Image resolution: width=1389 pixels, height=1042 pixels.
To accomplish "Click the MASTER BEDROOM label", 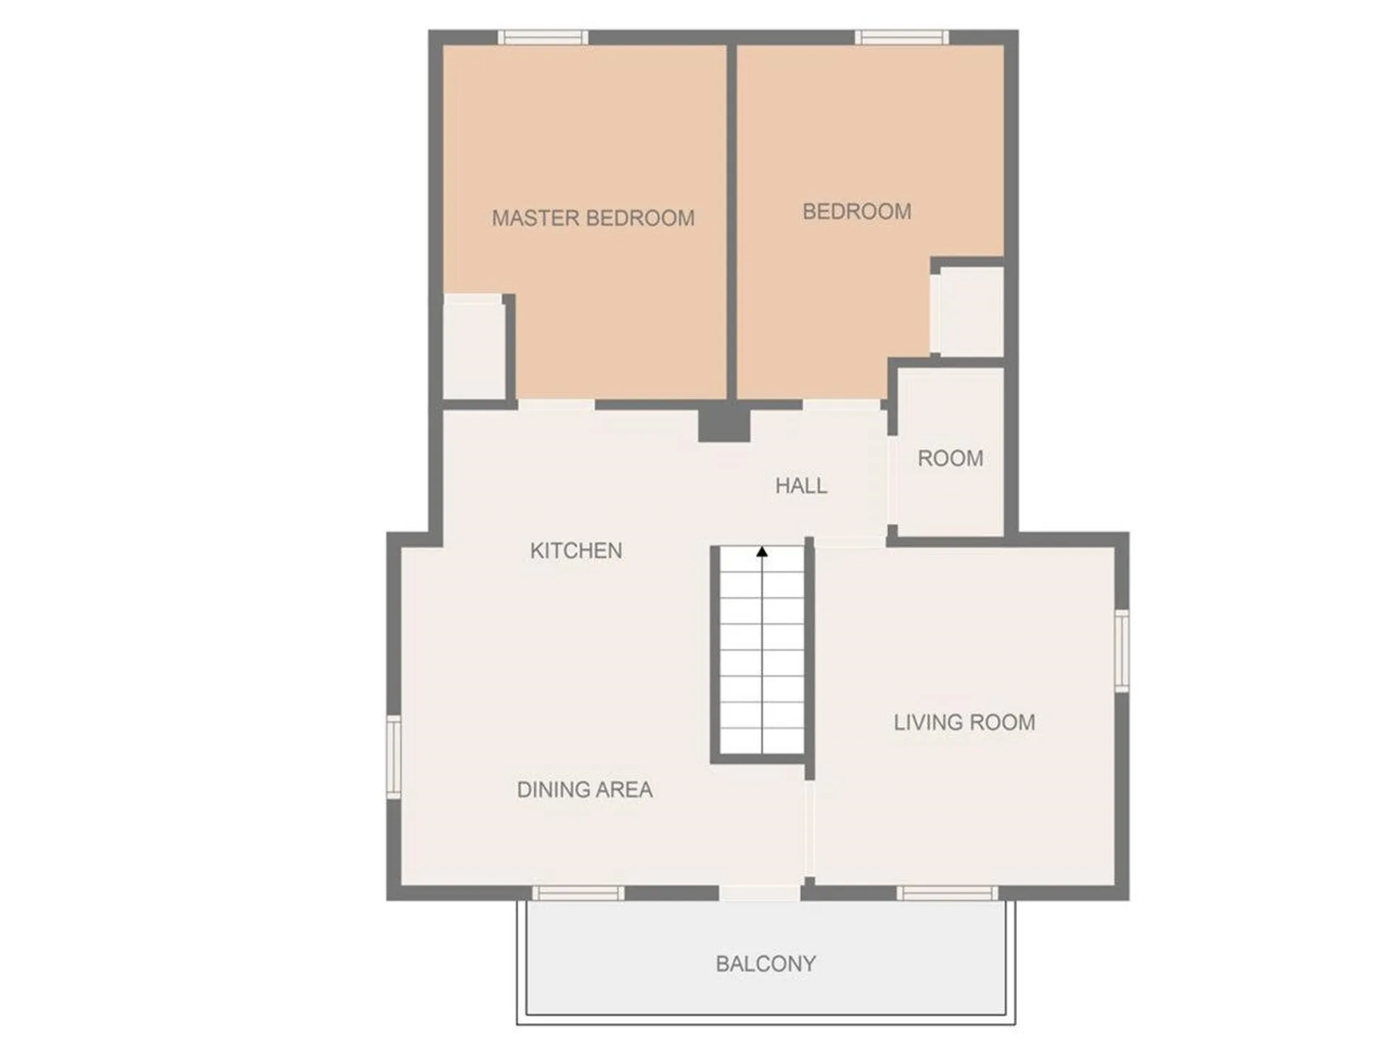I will [593, 218].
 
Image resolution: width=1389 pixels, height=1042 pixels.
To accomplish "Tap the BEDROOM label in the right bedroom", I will [857, 211].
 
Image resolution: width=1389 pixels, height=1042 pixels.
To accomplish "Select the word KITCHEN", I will [576, 551].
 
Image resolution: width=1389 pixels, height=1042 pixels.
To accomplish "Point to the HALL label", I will [801, 486].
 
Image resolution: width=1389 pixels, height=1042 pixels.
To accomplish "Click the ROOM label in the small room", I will [950, 458].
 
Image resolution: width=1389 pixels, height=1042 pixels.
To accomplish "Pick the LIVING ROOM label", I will [964, 722].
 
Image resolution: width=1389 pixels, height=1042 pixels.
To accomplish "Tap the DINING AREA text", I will [585, 789].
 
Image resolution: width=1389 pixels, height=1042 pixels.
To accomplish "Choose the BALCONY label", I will [765, 964].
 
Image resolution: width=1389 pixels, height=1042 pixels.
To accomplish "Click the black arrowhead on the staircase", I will [762, 552].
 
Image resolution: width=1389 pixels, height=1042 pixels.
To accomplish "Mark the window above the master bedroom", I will [543, 38].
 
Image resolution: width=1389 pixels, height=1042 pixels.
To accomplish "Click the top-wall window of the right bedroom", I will [901, 38].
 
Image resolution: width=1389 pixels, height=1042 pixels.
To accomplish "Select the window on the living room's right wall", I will [1121, 651].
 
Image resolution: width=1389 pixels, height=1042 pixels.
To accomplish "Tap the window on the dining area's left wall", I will [394, 756].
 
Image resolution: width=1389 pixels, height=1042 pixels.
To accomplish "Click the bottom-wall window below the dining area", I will [578, 893].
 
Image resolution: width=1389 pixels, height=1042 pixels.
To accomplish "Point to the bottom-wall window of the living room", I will [947, 893].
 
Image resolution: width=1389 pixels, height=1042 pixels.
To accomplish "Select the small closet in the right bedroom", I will [968, 311].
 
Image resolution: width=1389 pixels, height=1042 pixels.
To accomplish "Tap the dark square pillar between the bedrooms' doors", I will [723, 423].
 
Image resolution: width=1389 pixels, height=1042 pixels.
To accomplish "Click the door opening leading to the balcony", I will [760, 893].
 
